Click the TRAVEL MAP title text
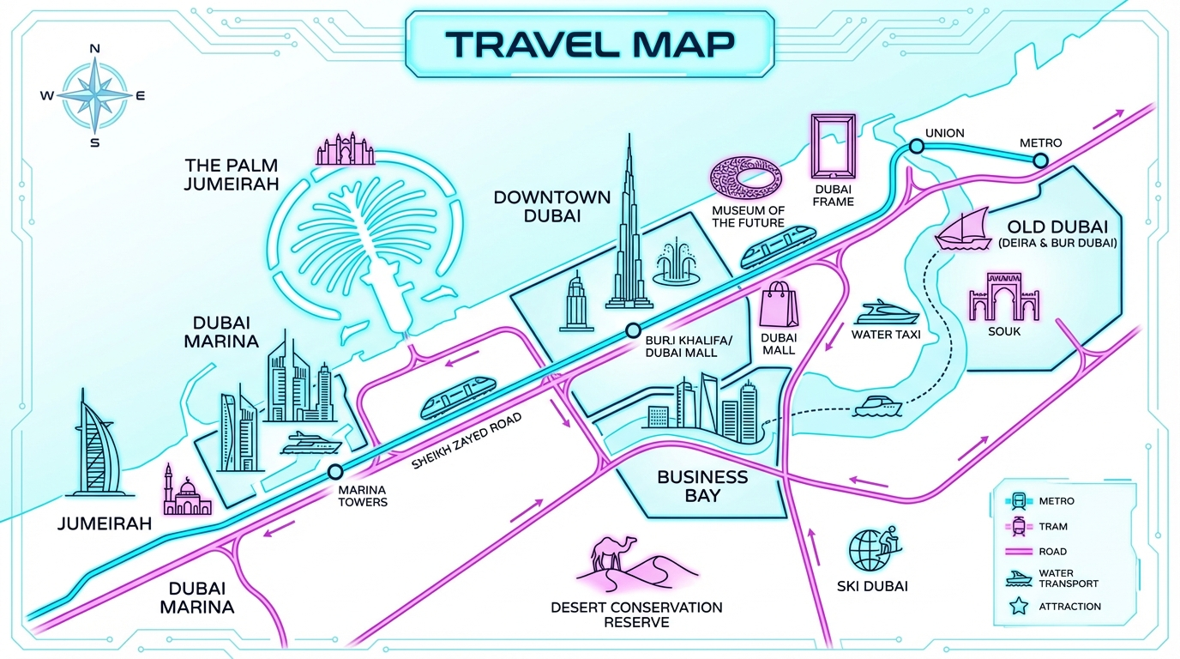click(x=590, y=45)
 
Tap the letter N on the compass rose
click(x=94, y=50)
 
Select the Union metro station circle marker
click(x=916, y=147)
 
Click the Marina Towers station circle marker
click(x=334, y=471)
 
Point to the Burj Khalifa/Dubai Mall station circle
click(x=633, y=330)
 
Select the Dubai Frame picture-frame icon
click(x=833, y=148)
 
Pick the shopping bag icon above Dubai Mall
click(x=780, y=305)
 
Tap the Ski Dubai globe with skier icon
click(x=871, y=547)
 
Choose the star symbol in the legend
click(x=1020, y=607)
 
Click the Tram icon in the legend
click(x=1020, y=526)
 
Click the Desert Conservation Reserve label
click(x=636, y=614)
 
